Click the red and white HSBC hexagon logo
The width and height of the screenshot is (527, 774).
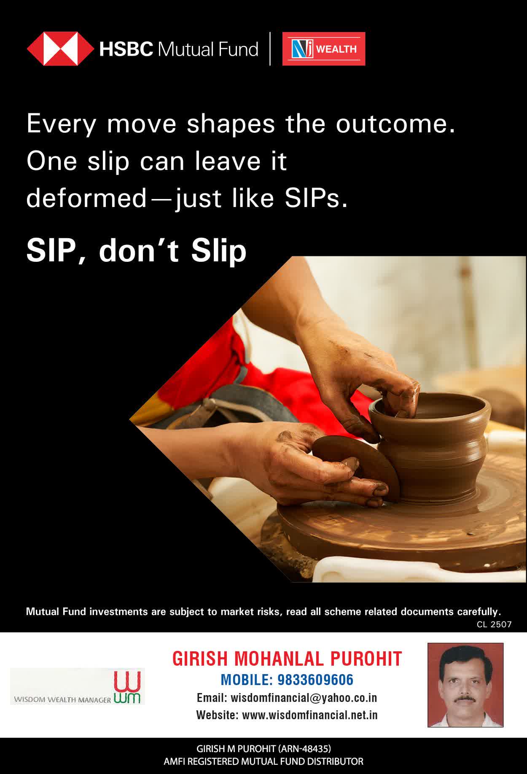pyautogui.click(x=60, y=49)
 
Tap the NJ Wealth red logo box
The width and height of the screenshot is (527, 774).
pyautogui.click(x=324, y=49)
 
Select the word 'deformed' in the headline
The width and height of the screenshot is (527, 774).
pyautogui.click(x=86, y=198)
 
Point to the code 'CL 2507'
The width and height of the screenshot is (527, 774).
pyautogui.click(x=494, y=625)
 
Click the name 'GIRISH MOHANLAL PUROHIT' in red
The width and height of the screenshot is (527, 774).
pyautogui.click(x=287, y=658)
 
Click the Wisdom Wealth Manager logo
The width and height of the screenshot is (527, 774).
pyautogui.click(x=78, y=686)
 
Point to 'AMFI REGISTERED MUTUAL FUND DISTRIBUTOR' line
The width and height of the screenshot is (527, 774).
pyautogui.click(x=263, y=762)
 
